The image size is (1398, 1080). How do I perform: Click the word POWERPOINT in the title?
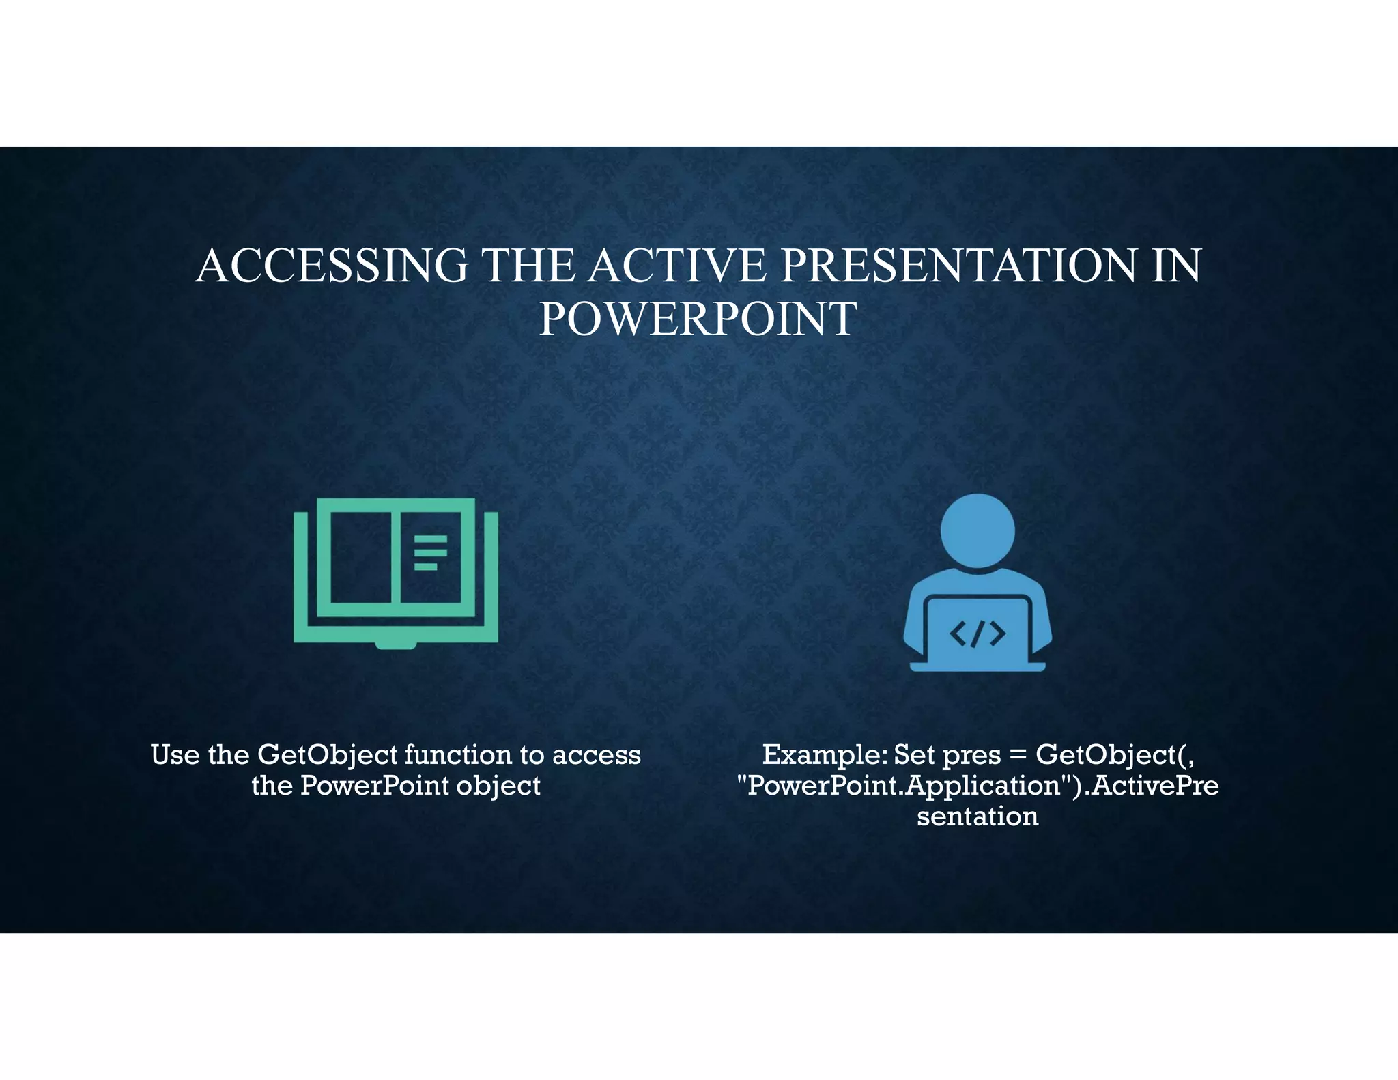pyautogui.click(x=698, y=319)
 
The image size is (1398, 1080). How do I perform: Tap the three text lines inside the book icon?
pyautogui.click(x=430, y=552)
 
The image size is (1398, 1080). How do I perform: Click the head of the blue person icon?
pyautogui.click(x=978, y=530)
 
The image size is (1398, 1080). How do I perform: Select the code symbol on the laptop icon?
pyautogui.click(x=978, y=634)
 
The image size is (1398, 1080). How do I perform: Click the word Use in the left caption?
pyautogui.click(x=175, y=755)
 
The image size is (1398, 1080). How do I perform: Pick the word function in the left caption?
pyautogui.click(x=458, y=755)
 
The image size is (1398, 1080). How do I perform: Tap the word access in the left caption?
pyautogui.click(x=597, y=755)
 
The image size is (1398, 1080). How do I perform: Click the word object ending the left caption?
pyautogui.click(x=498, y=786)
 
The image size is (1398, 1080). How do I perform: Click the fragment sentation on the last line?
pyautogui.click(x=978, y=816)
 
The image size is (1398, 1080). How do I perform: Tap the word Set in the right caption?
pyautogui.click(x=914, y=755)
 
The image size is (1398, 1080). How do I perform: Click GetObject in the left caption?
pyautogui.click(x=328, y=755)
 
